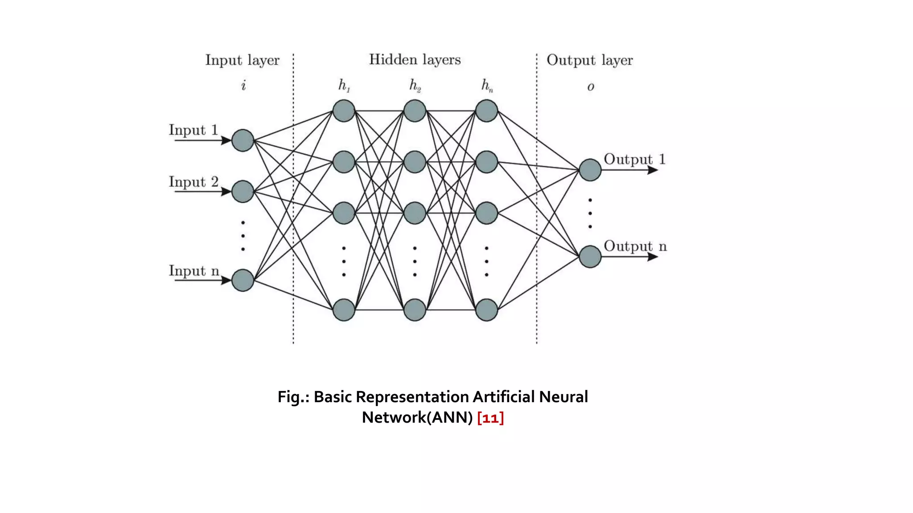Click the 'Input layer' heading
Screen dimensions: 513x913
[242, 60]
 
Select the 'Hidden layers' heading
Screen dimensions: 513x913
[415, 60]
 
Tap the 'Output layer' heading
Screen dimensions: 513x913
[589, 60]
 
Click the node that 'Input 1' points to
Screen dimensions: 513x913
[243, 140]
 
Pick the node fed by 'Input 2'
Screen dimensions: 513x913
[243, 191]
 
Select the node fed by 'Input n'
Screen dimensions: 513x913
[243, 280]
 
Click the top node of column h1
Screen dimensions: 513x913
[344, 111]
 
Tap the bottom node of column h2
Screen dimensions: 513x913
[415, 310]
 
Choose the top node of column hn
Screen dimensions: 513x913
[486, 111]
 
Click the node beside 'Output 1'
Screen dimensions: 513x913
[590, 170]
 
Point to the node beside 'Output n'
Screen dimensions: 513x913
[590, 256]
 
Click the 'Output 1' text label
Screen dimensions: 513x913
[634, 159]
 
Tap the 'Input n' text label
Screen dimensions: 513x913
[194, 271]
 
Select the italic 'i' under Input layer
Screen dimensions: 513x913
[243, 85]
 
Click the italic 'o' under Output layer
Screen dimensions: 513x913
[590, 87]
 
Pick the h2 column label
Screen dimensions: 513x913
[415, 85]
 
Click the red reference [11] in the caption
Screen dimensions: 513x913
[490, 418]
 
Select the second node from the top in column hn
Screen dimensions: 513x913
[486, 162]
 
